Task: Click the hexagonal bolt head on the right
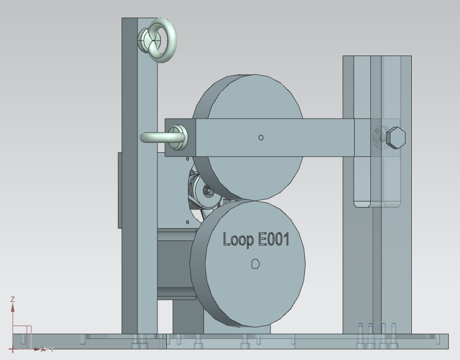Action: (396, 137)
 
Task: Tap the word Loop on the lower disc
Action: (238, 240)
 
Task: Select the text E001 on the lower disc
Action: (273, 239)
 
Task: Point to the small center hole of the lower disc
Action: (255, 264)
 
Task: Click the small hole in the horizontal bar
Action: (261, 137)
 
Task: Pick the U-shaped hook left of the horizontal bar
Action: (162, 137)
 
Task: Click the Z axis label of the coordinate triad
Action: (13, 299)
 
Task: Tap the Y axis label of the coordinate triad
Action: (52, 349)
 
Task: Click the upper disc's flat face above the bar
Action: (255, 97)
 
